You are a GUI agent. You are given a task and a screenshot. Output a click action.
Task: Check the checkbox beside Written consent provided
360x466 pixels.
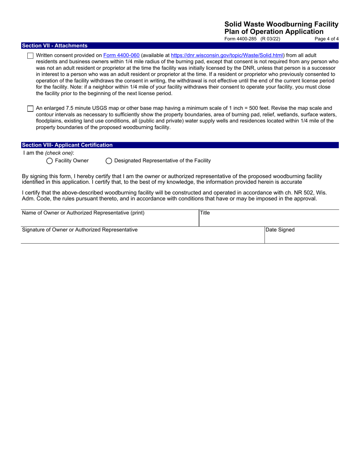pos(30,56)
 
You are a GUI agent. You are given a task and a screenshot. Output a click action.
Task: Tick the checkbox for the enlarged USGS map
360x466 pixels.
pos(30,109)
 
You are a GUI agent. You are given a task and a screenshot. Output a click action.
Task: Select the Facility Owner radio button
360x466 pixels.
pos(49,161)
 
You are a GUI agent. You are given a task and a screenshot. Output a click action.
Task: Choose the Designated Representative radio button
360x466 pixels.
pos(109,161)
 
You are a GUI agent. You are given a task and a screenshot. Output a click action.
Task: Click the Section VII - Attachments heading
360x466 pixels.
pos(55,45)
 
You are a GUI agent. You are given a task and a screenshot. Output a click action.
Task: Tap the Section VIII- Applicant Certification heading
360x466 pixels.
pos(67,145)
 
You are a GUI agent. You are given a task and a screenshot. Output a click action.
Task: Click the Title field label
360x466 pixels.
pos(205,213)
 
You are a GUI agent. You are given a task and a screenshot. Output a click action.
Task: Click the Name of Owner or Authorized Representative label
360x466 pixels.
pos(83,213)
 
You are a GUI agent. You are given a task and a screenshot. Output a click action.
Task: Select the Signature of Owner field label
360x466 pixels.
pos(80,230)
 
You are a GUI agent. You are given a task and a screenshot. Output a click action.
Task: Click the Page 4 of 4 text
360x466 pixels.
pos(326,39)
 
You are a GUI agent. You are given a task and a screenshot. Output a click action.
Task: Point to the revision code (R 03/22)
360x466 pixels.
pos(270,39)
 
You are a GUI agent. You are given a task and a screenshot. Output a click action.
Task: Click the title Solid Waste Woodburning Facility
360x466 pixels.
pos(281,24)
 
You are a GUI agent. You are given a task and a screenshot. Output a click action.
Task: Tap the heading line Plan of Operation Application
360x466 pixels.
pos(274,32)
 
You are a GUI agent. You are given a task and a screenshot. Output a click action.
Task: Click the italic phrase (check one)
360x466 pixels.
pos(59,153)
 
